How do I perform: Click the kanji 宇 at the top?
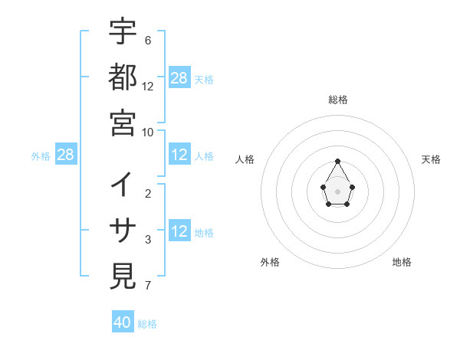click(123, 31)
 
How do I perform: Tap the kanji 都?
click(123, 77)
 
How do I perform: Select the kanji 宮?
click(123, 123)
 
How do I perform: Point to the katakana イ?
click(123, 185)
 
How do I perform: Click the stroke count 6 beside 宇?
click(148, 40)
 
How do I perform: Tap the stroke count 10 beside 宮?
click(148, 132)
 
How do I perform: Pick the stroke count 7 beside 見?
click(148, 286)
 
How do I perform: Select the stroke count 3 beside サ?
click(148, 240)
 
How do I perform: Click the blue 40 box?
click(123, 322)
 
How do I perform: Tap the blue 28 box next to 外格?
click(66, 155)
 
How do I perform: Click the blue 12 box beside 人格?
click(179, 155)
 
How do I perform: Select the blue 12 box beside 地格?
click(179, 232)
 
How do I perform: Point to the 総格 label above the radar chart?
click(337, 100)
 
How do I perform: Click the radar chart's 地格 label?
click(402, 262)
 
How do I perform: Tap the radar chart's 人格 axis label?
click(245, 159)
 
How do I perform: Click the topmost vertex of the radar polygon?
click(337, 161)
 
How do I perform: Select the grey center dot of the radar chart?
click(337, 191)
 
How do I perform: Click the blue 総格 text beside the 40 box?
click(147, 324)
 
